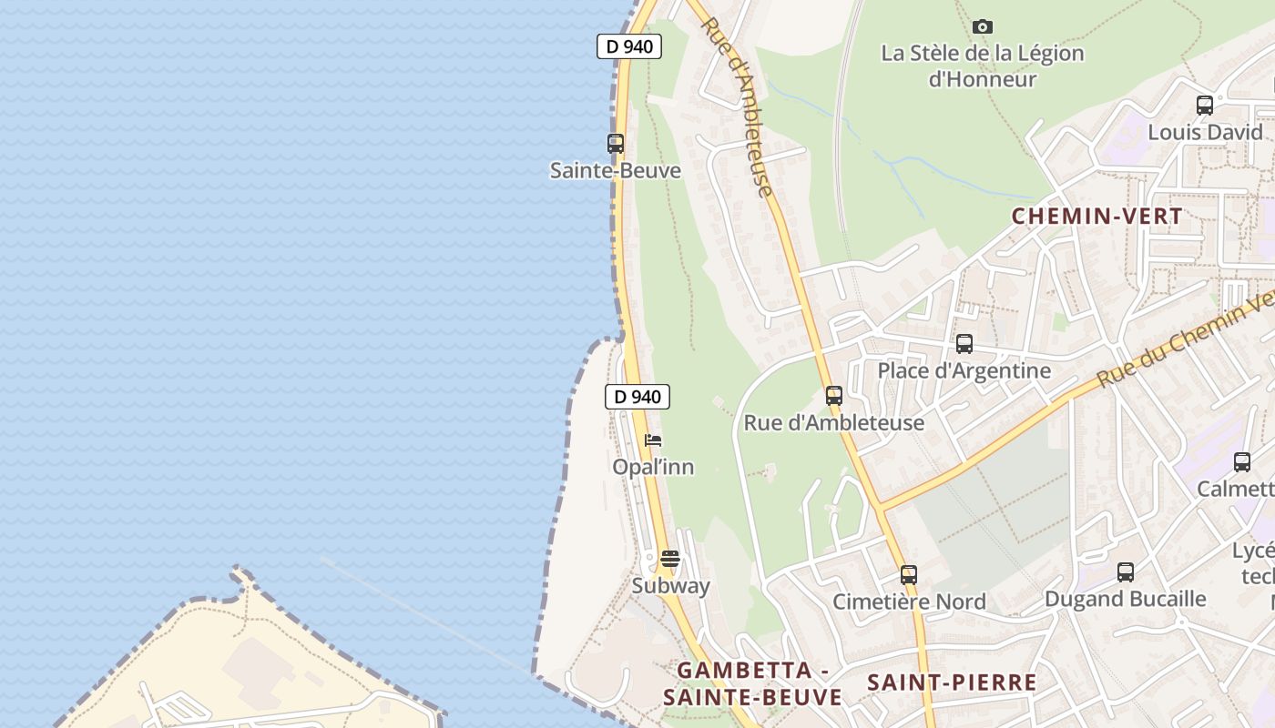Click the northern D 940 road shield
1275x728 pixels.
click(628, 46)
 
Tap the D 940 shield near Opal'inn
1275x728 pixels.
click(637, 397)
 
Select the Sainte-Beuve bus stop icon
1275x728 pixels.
click(616, 144)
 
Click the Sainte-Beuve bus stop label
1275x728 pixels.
click(616, 170)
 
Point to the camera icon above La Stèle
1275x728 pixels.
click(983, 26)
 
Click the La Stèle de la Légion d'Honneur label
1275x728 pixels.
click(983, 66)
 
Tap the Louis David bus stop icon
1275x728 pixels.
click(1205, 106)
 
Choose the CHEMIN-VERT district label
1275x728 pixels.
click(1096, 217)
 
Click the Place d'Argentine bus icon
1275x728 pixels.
click(964, 344)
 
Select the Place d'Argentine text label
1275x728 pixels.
click(964, 370)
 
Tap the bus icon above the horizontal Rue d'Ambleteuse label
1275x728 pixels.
click(834, 396)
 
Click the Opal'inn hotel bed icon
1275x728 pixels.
click(653, 440)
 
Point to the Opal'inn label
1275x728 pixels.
click(653, 467)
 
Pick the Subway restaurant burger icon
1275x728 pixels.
click(670, 559)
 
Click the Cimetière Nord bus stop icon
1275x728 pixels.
click(909, 575)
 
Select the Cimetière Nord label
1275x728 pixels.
click(909, 602)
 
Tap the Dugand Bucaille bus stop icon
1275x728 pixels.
click(1126, 572)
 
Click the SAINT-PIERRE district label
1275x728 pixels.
click(952, 682)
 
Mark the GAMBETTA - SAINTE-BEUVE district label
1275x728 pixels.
click(752, 683)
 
